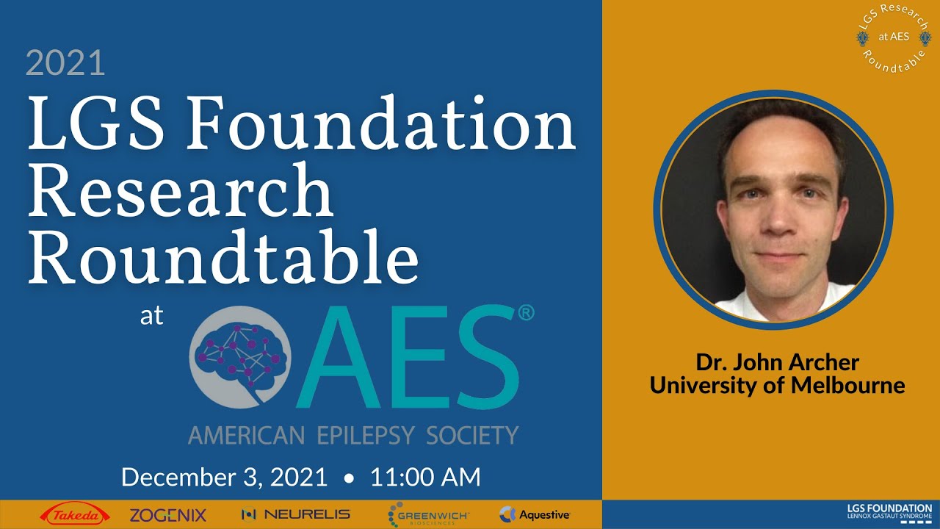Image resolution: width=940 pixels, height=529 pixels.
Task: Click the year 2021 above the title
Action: (65, 63)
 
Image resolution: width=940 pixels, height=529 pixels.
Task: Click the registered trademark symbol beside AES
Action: (526, 313)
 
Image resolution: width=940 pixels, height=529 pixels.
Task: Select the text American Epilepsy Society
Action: (353, 434)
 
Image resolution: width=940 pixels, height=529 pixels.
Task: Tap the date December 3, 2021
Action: (224, 478)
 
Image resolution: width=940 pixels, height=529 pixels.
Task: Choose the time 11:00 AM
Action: (425, 478)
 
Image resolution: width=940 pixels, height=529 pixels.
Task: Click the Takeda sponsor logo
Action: (75, 515)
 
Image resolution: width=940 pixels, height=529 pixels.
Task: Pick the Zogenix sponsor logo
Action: (168, 515)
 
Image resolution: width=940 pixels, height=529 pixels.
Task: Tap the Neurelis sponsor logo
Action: (296, 515)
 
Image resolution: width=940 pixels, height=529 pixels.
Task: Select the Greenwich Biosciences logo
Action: (428, 515)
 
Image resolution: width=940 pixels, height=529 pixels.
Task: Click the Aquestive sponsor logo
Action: (535, 515)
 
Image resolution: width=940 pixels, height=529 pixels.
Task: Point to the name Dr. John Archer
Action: (778, 363)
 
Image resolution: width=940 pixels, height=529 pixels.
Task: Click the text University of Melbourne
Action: (778, 384)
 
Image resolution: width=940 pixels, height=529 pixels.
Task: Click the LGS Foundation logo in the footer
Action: (889, 511)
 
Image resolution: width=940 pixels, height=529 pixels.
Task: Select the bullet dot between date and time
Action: (349, 478)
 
